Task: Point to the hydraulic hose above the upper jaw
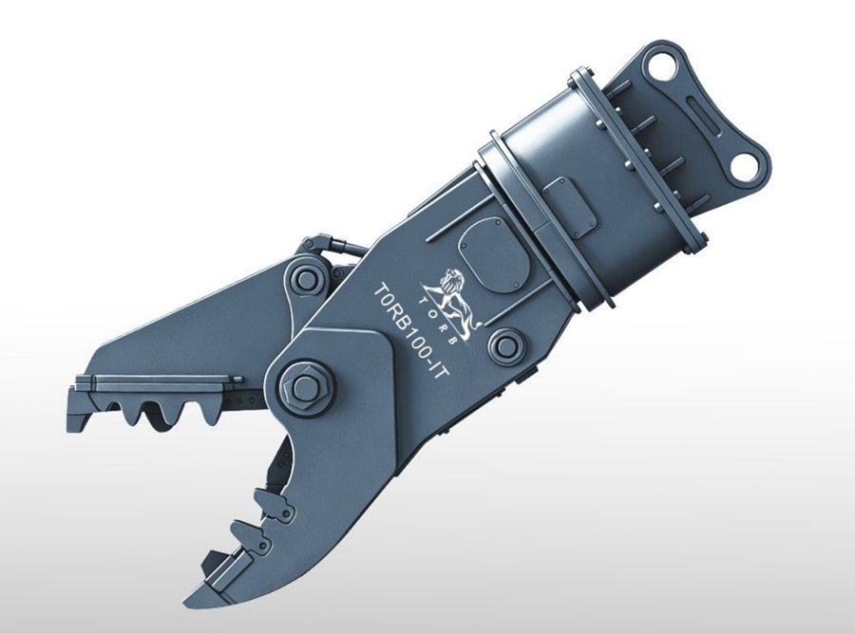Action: point(332,244)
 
